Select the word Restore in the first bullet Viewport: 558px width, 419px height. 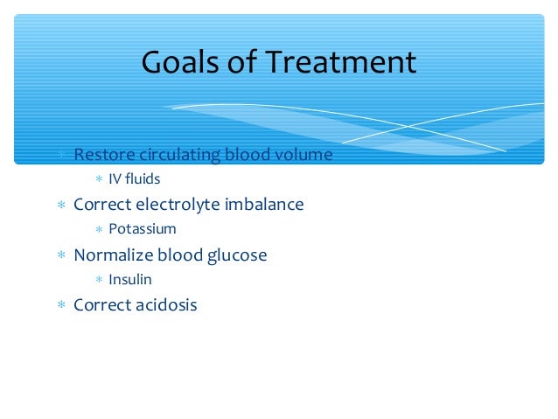coord(105,155)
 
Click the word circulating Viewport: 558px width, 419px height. coord(182,155)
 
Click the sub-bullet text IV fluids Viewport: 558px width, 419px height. coord(135,178)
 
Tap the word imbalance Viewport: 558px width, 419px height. coord(264,205)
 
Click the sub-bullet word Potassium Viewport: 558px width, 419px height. coord(143,229)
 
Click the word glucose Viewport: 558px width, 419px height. coord(235,255)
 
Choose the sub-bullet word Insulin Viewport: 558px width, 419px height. coord(130,280)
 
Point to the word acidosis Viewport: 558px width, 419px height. coord(165,305)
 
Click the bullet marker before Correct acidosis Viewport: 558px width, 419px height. coord(61,306)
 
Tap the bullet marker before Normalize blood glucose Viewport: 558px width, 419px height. coord(61,256)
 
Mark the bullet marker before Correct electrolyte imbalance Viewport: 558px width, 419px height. coord(61,206)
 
